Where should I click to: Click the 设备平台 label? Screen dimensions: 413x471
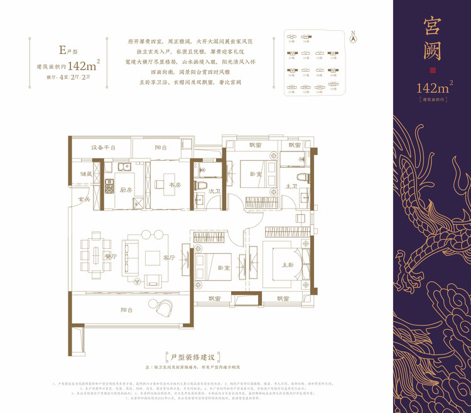pyautogui.click(x=103, y=148)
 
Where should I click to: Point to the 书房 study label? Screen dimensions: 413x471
pyautogui.click(x=175, y=185)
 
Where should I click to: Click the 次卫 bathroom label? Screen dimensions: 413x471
pyautogui.click(x=212, y=191)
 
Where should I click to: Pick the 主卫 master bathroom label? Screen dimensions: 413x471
pyautogui.click(x=292, y=186)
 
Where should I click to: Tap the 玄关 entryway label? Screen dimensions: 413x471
pyautogui.click(x=84, y=199)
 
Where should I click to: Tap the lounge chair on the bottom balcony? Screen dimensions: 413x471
pyautogui.click(x=166, y=307)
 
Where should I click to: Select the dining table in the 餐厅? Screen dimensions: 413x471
pyautogui.click(x=96, y=245)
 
